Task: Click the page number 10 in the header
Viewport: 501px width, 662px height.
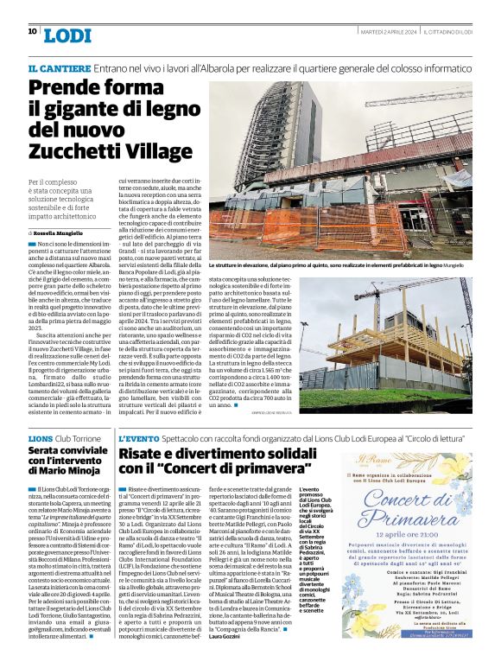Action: (32, 32)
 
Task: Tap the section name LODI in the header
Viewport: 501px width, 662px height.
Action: (67, 35)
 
